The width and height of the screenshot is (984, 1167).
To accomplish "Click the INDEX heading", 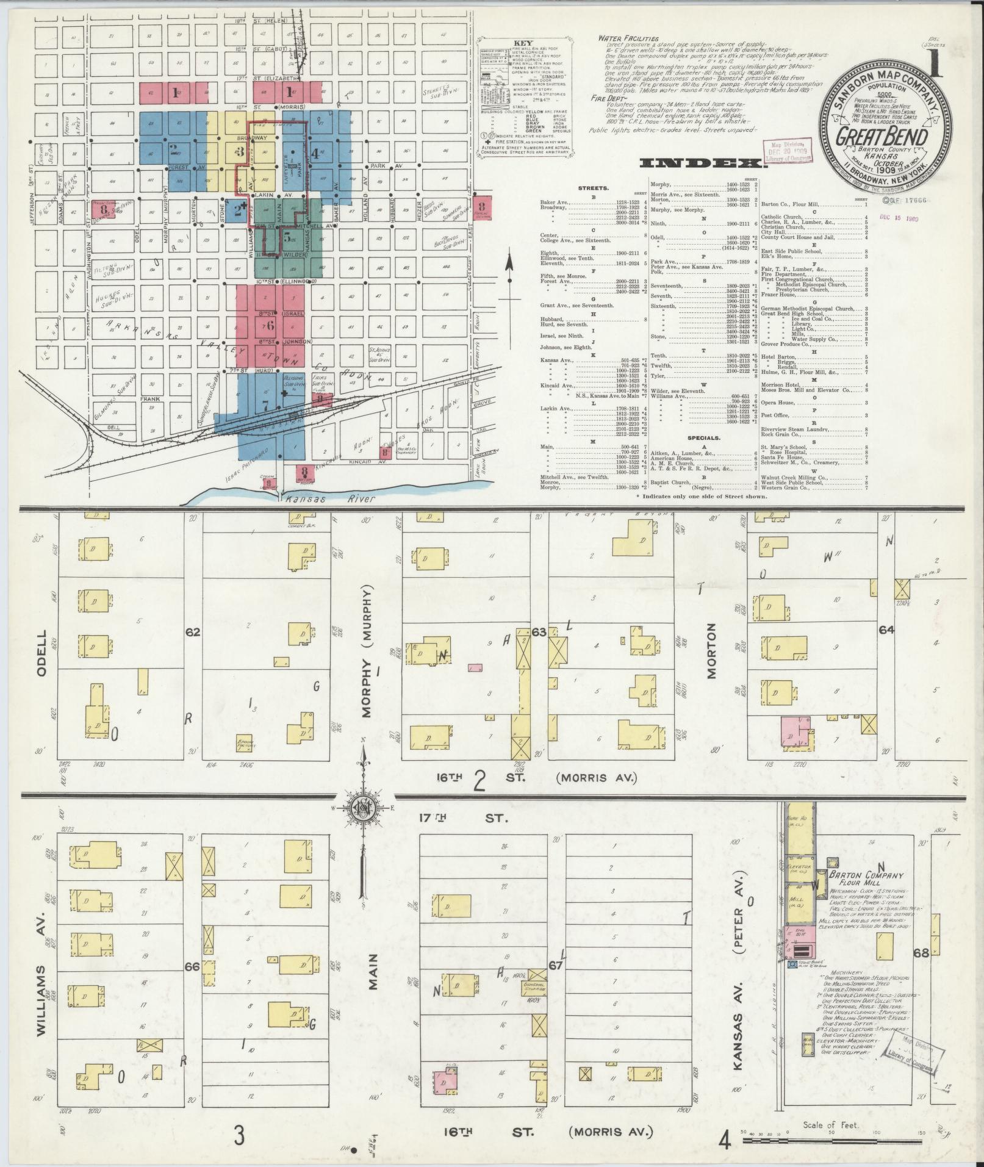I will [702, 163].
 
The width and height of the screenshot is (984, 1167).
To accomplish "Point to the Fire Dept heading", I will [608, 98].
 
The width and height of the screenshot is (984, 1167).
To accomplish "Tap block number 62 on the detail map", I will [193, 633].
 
